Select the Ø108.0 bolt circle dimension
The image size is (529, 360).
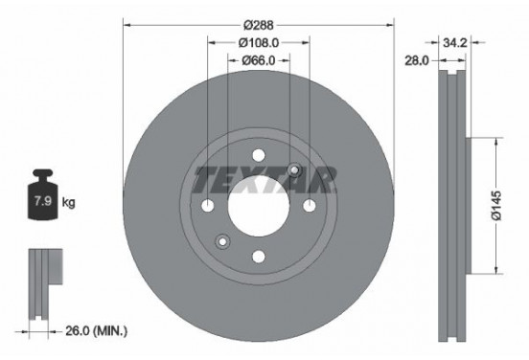[x=259, y=42]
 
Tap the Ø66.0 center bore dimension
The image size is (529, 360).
[x=259, y=60]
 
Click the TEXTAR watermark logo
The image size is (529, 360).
[x=265, y=178]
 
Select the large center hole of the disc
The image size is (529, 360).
[x=260, y=206]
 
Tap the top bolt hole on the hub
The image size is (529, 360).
[x=260, y=157]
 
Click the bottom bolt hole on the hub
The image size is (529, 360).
[x=260, y=256]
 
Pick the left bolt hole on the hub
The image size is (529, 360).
[x=210, y=206]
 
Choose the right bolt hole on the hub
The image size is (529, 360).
[x=309, y=206]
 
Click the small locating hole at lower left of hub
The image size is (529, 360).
[x=223, y=240]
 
